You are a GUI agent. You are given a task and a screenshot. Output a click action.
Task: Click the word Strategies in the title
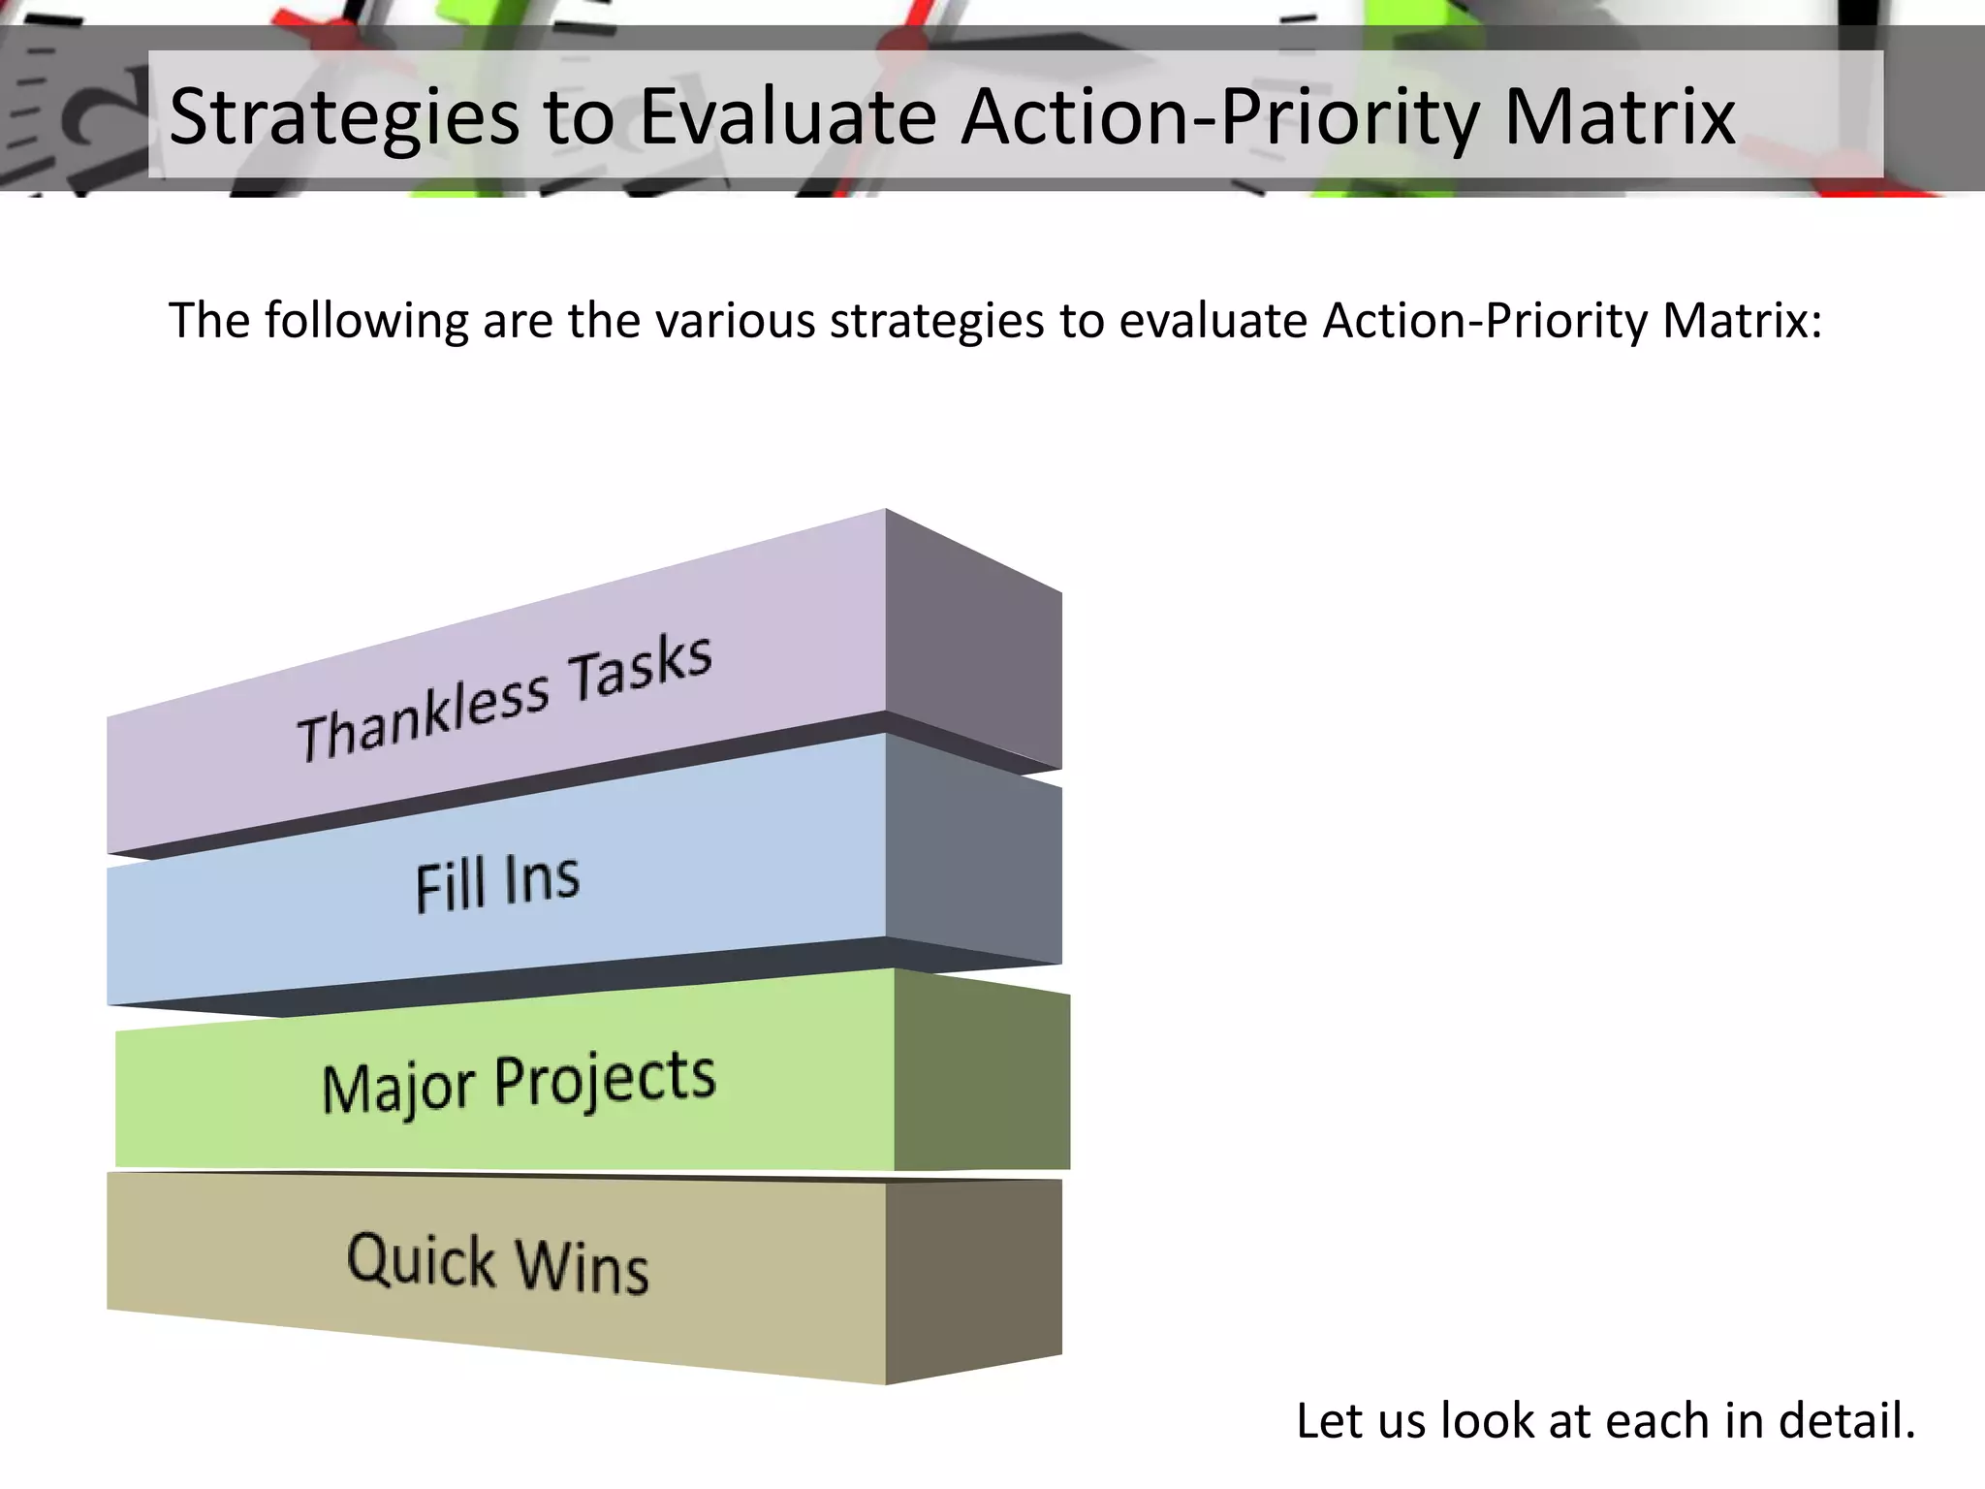[344, 118]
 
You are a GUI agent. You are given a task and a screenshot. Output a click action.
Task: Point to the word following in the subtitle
[366, 321]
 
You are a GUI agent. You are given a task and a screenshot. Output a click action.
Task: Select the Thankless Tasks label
[504, 698]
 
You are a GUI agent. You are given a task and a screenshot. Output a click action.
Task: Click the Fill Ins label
[497, 882]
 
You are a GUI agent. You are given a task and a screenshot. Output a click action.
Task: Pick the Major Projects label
[519, 1083]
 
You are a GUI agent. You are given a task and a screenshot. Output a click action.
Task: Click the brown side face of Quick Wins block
[973, 1280]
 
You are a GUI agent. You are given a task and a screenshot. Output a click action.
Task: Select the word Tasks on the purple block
[640, 669]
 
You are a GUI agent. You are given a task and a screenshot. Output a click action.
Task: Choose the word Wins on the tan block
[582, 1267]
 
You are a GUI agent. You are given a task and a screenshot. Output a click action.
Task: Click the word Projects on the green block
[605, 1078]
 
